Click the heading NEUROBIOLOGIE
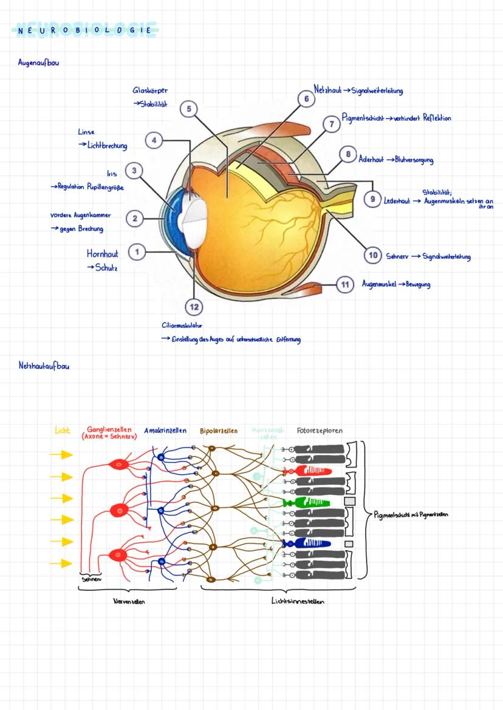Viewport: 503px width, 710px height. click(x=84, y=29)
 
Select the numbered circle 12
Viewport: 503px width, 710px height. click(x=194, y=307)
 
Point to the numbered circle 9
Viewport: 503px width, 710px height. click(x=372, y=199)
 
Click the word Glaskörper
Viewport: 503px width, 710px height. click(x=150, y=90)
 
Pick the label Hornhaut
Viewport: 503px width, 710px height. click(x=103, y=254)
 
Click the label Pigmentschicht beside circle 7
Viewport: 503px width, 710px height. click(x=361, y=118)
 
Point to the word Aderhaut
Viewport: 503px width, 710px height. click(x=371, y=160)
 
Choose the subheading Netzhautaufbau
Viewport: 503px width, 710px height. click(x=43, y=366)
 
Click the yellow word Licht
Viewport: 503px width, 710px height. click(x=62, y=431)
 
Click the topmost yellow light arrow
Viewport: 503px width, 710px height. click(x=61, y=454)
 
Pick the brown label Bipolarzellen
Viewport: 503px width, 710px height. click(x=219, y=431)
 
